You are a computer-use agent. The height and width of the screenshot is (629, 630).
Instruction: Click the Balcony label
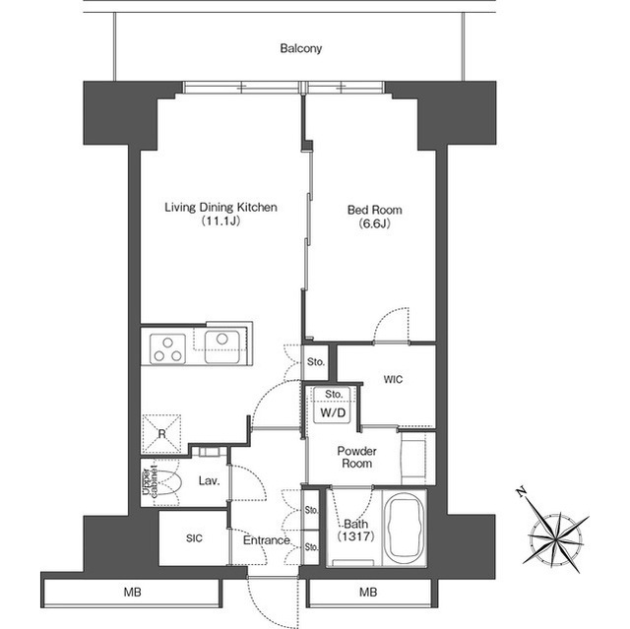[x=301, y=48]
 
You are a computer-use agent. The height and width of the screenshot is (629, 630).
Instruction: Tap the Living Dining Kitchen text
[x=220, y=208]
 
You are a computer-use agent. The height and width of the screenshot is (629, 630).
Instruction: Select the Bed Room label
[x=374, y=210]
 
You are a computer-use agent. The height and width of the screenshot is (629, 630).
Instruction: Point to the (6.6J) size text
[x=374, y=223]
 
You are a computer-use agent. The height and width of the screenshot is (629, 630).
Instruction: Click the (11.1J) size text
[x=220, y=220]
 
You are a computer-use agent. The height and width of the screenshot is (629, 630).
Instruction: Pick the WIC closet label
[x=393, y=380]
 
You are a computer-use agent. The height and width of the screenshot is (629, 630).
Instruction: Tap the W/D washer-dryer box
[x=333, y=412]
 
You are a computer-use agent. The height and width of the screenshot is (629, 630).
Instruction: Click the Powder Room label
[x=356, y=457]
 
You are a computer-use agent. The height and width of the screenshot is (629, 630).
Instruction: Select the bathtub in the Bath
[x=405, y=527]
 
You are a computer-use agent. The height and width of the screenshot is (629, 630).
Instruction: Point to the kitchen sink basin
[x=222, y=346]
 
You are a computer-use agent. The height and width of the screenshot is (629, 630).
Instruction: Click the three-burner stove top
[x=167, y=349]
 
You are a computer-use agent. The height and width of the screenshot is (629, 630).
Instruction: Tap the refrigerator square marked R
[x=161, y=434]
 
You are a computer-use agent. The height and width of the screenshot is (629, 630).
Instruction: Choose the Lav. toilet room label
[x=209, y=480]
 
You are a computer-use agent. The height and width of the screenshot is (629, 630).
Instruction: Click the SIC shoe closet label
[x=195, y=538]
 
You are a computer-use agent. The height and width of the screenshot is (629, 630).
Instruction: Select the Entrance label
[x=267, y=540]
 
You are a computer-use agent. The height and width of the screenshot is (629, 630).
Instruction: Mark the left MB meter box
[x=132, y=592]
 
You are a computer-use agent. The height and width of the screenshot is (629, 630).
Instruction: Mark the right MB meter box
[x=368, y=592]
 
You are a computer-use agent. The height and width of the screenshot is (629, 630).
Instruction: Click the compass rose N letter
[x=522, y=491]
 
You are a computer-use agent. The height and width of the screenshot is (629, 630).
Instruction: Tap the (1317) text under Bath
[x=356, y=535]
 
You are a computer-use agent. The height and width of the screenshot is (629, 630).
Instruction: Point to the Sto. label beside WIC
[x=316, y=362]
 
